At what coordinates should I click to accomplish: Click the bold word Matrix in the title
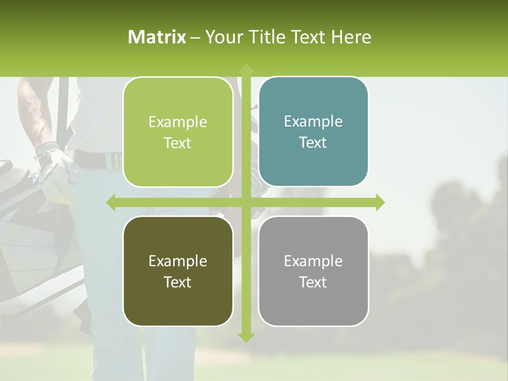tap(157, 37)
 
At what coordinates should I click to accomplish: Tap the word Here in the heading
tap(351, 37)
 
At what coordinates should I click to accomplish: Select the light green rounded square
tap(178, 132)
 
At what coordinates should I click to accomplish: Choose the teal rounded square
tap(313, 132)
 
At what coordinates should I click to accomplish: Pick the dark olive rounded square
tap(178, 271)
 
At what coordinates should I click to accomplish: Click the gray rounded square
tap(313, 271)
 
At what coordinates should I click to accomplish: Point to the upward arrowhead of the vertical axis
tap(246, 68)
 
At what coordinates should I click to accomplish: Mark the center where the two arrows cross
tap(246, 202)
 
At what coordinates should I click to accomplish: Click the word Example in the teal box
tap(313, 122)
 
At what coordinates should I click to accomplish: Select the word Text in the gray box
tap(313, 282)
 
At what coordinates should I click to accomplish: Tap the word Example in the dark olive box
tap(178, 261)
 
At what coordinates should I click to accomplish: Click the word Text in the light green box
tap(178, 143)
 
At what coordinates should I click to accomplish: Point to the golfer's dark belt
tap(98, 158)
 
